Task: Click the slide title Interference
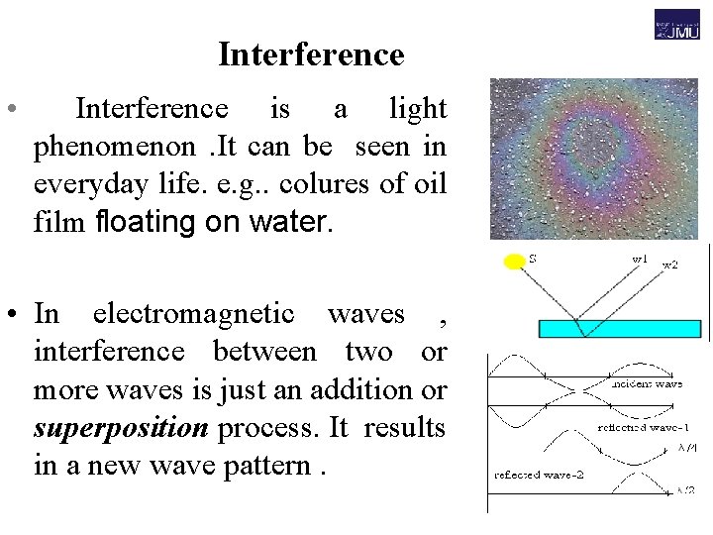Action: point(311,54)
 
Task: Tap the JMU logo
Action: point(676,25)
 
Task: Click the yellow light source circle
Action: point(514,263)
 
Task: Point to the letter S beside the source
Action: point(533,258)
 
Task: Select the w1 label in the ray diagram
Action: point(640,259)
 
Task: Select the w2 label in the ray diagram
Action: point(670,265)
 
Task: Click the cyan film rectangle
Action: point(620,329)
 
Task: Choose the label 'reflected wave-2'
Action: point(539,475)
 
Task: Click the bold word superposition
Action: point(121,428)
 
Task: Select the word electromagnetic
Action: point(193,314)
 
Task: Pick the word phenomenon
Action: point(115,148)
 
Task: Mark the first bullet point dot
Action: point(9,108)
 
